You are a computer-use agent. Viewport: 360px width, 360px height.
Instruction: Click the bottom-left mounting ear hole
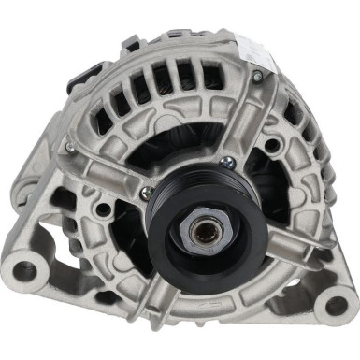[x=24, y=272]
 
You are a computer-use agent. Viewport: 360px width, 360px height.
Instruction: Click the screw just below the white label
[x=257, y=77]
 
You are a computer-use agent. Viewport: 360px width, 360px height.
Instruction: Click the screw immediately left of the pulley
[x=146, y=194]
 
